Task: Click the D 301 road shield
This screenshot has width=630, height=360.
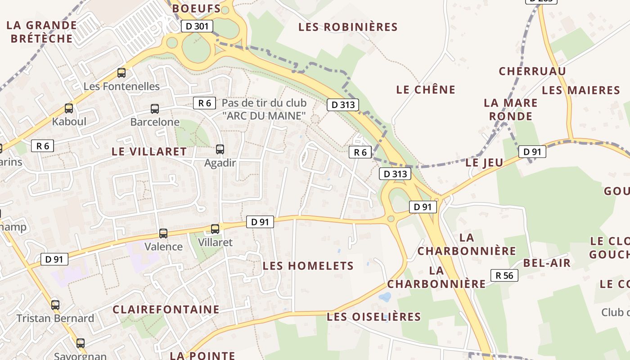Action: point(197,26)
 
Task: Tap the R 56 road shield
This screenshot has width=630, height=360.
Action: point(504,275)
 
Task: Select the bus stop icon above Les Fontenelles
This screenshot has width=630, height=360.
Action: point(121,73)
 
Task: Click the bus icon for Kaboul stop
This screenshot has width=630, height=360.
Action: point(68,108)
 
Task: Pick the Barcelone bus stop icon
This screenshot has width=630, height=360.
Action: point(154,109)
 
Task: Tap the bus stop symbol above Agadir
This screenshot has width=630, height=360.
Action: point(220,149)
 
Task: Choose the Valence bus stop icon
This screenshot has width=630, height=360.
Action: point(163,234)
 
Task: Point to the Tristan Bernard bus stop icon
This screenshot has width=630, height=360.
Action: point(55,305)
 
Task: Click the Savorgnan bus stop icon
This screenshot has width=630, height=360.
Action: point(80,343)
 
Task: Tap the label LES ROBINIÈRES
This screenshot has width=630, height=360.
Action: point(348,27)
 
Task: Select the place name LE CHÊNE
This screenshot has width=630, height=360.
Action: point(426,90)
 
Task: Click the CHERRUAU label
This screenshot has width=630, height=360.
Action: point(532,71)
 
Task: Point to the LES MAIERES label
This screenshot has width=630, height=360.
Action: point(580,90)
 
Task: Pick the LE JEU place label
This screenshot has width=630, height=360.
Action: point(484,162)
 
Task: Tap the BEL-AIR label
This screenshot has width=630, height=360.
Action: point(546,263)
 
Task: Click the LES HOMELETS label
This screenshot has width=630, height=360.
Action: point(308,266)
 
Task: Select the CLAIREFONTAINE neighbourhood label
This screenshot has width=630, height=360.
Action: point(166,310)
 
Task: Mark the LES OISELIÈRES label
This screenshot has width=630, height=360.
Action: point(373,317)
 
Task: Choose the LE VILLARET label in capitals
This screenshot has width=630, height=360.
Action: point(148,151)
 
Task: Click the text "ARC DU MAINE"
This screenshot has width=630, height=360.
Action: point(264,116)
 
